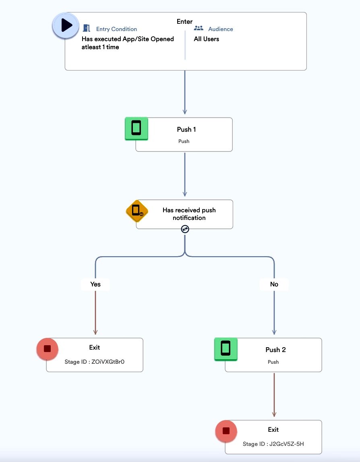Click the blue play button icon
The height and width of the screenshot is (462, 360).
(x=66, y=25)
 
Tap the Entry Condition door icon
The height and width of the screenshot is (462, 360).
(x=86, y=28)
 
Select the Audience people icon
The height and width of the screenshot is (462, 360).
(x=199, y=28)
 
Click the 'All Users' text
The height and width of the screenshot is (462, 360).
(x=206, y=39)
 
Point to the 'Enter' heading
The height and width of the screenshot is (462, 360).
(x=184, y=21)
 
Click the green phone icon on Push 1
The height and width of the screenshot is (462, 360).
(x=136, y=128)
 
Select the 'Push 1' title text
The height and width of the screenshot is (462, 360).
(x=186, y=129)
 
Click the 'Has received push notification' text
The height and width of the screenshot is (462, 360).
(x=189, y=214)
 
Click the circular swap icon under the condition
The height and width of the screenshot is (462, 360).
(x=185, y=229)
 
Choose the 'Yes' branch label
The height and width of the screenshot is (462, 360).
(x=95, y=284)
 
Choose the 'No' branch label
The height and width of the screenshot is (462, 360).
(x=274, y=284)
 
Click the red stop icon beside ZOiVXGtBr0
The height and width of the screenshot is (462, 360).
(x=47, y=349)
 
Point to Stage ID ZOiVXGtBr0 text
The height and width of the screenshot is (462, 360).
(x=95, y=362)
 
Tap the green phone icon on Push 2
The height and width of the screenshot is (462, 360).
(x=226, y=349)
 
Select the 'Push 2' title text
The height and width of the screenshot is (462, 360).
(x=275, y=350)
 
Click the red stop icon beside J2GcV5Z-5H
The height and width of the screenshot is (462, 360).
(x=226, y=431)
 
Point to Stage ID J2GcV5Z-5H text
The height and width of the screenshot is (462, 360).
(x=273, y=444)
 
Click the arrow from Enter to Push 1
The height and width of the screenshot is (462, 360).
(x=185, y=92)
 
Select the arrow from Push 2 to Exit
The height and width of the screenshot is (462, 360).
(x=274, y=395)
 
